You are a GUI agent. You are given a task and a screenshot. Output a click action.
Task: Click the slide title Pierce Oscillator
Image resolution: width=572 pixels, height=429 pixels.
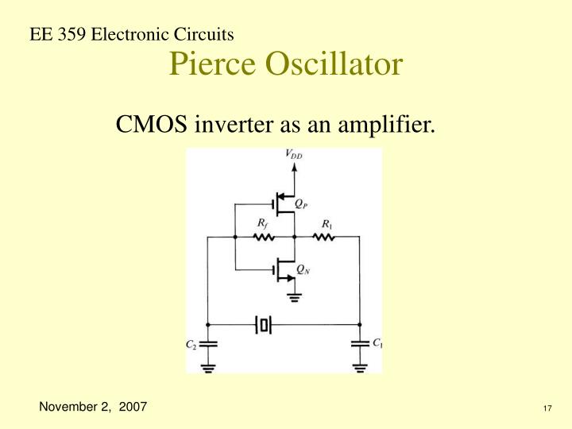[285, 64]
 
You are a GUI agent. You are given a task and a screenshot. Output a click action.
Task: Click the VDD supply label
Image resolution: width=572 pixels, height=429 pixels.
[294, 157]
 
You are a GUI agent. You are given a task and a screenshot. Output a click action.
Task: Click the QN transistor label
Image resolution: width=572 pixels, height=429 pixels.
[303, 270]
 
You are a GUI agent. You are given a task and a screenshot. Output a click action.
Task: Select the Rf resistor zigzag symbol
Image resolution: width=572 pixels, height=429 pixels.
[263, 237]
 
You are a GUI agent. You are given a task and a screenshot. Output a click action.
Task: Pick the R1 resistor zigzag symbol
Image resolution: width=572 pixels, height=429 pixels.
[323, 237]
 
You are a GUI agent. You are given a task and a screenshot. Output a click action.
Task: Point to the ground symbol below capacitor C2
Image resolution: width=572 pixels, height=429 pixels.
[207, 366]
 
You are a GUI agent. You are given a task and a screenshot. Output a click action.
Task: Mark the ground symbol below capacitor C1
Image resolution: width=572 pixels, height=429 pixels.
[360, 366]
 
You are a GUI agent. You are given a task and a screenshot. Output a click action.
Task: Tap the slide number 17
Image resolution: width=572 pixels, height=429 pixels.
[547, 408]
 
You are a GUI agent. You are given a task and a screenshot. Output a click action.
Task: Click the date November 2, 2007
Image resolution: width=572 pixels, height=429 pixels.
[94, 407]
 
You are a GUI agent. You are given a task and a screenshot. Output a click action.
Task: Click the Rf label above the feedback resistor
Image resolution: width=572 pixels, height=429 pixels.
[262, 224]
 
